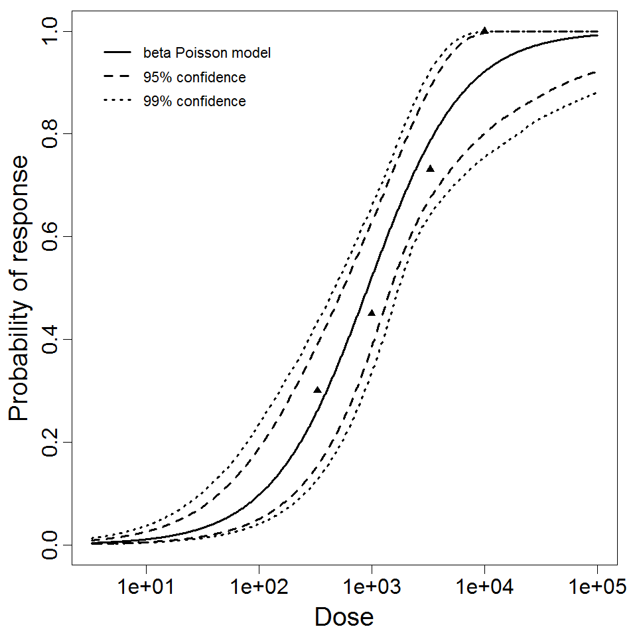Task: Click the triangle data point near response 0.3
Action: [317, 390]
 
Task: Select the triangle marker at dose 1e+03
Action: [372, 313]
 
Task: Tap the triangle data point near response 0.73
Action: [430, 169]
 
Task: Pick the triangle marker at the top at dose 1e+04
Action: [484, 31]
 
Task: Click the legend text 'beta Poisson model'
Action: [206, 52]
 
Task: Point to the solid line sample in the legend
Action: [117, 52]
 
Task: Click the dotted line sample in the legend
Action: [117, 102]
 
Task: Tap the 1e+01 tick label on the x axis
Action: [146, 589]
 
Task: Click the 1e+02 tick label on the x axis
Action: [259, 589]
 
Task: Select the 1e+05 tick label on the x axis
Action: [597, 589]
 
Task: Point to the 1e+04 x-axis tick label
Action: [484, 589]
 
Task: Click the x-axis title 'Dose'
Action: [344, 617]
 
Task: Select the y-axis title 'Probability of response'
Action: [20, 288]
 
